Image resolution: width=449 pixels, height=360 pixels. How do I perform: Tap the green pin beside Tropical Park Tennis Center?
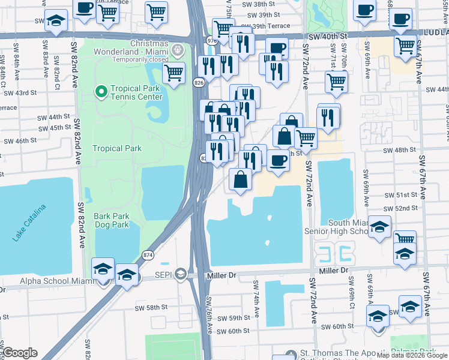[101, 92]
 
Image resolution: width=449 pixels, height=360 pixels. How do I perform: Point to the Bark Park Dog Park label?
[112, 220]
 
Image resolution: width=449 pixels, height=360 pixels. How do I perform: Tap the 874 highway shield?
[148, 255]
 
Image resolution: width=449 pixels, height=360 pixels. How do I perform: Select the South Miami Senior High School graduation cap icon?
[379, 228]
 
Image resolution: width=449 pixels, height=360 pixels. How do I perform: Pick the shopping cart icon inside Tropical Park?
[173, 74]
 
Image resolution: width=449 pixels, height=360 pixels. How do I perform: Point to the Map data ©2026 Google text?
[412, 355]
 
